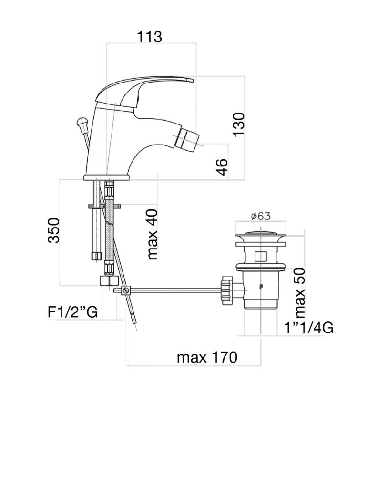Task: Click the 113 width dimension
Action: (150, 36)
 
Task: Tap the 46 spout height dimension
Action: (221, 166)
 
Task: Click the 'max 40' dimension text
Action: (152, 234)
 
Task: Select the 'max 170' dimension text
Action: (207, 357)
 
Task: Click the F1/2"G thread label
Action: (72, 312)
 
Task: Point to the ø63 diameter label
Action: (260, 216)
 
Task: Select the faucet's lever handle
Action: (143, 91)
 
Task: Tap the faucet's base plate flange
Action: (107, 177)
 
